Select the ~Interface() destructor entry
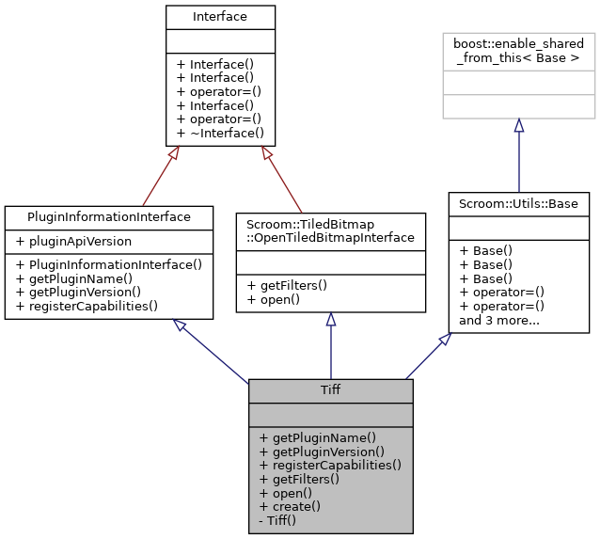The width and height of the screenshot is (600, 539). [x=220, y=133]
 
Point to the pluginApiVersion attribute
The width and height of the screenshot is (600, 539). [x=75, y=242]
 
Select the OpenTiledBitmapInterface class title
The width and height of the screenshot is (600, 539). [x=330, y=230]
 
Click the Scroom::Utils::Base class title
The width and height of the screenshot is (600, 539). [x=518, y=202]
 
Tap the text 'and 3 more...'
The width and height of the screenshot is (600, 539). [x=498, y=319]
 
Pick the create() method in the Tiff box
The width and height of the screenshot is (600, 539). [x=290, y=506]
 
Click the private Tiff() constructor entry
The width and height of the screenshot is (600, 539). [x=277, y=519]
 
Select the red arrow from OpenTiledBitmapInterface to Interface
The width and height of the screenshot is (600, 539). [x=281, y=178]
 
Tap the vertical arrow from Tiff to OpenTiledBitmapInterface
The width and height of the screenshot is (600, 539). [x=330, y=348]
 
